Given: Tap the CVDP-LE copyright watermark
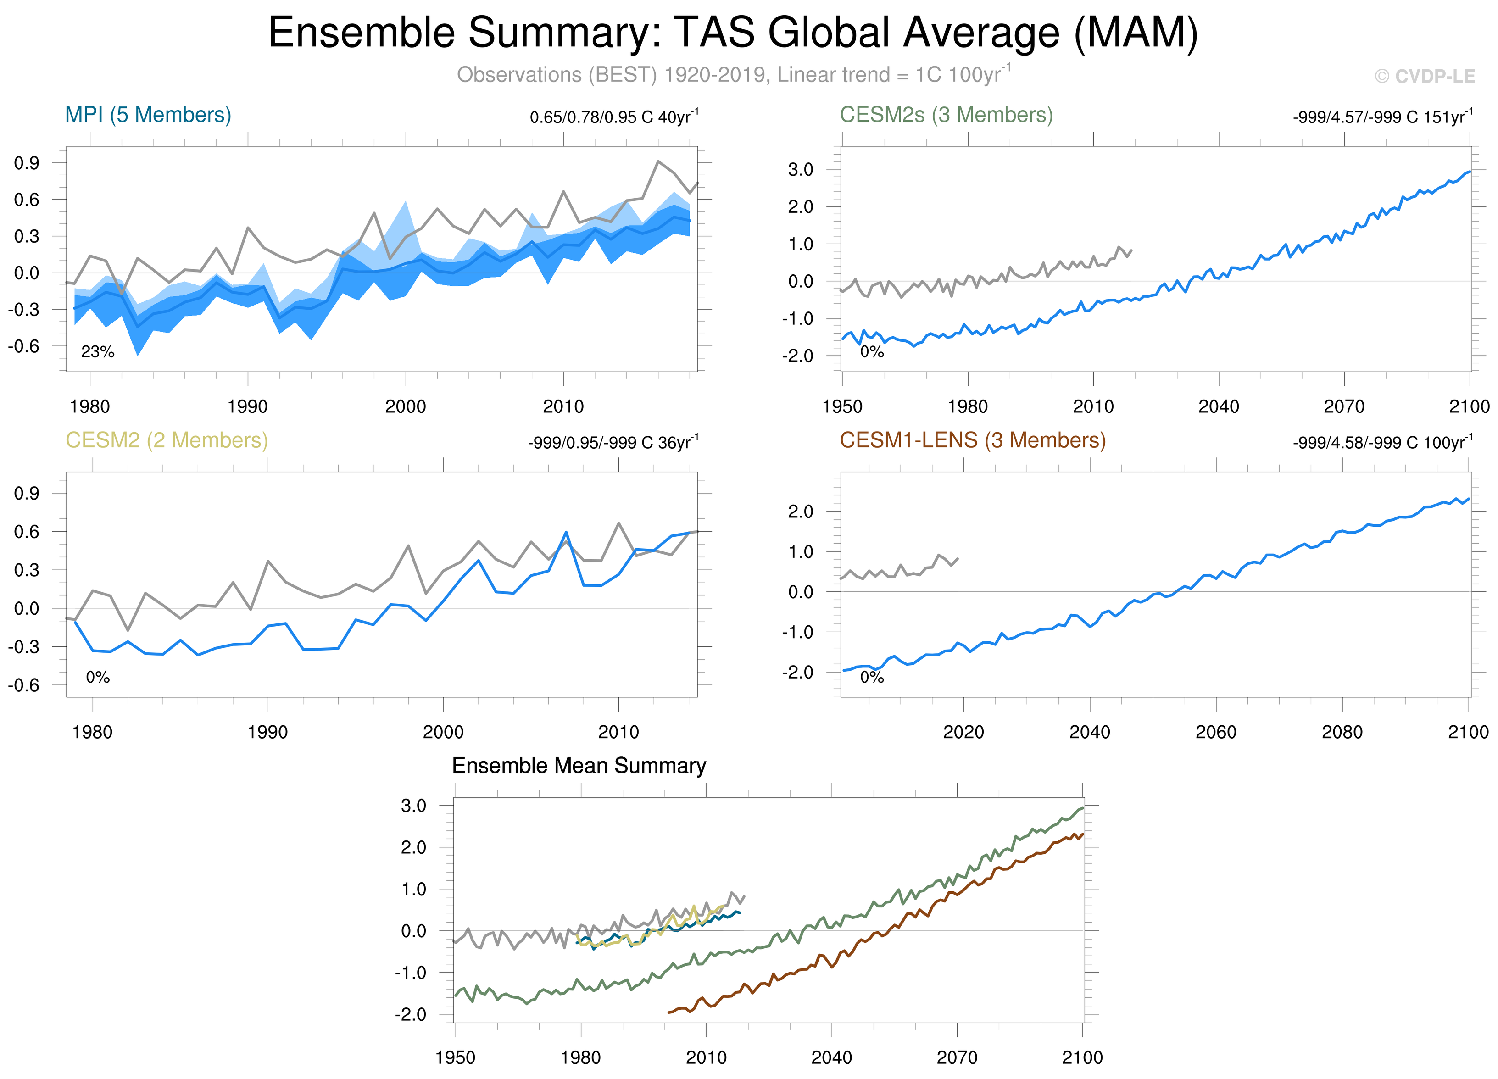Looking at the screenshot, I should tap(1425, 77).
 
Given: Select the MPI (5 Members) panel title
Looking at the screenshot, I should tap(148, 115).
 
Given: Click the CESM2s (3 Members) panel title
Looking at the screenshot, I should tap(946, 115).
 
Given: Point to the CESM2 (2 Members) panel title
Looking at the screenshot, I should tap(167, 440).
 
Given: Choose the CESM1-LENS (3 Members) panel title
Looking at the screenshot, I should tap(972, 440).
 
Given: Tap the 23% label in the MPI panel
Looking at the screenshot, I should tap(98, 352).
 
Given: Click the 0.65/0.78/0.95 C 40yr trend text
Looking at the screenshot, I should tap(613, 117).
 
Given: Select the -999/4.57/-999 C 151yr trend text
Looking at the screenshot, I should tap(1382, 117).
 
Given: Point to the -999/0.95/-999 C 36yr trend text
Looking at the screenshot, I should tap(613, 442).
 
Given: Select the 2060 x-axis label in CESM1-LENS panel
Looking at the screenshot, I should tap(1216, 732).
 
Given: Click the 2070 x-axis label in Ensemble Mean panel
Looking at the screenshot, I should tap(957, 1057).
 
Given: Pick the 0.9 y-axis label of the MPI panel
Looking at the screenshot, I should tap(27, 163).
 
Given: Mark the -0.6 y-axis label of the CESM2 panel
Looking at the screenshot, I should tap(24, 685).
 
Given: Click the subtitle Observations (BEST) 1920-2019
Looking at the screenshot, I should tap(733, 75).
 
